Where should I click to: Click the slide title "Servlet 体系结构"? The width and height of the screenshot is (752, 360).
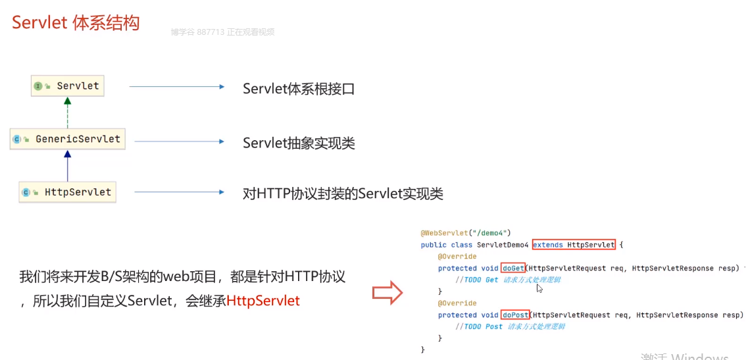[76, 23]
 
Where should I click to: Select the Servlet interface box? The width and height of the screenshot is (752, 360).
[68, 86]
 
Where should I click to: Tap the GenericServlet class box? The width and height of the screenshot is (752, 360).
[70, 139]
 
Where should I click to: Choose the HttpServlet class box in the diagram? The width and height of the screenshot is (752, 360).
[68, 192]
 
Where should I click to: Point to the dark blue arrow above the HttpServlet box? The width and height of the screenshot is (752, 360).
[66, 165]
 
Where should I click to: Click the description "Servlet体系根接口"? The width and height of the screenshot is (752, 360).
[298, 88]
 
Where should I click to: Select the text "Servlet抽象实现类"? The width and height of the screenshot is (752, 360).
[298, 143]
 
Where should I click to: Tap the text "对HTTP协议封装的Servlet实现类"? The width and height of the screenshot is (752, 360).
[342, 193]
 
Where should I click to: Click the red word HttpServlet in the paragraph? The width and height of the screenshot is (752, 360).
[263, 301]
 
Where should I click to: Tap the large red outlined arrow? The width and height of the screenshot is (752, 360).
[388, 292]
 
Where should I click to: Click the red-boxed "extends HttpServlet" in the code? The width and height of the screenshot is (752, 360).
[573, 245]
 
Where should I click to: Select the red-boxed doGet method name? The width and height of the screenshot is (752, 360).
[513, 269]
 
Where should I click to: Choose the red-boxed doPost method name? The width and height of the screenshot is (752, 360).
[515, 315]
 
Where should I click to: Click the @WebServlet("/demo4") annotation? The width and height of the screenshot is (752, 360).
[465, 233]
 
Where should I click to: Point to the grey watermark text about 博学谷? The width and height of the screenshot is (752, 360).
[222, 32]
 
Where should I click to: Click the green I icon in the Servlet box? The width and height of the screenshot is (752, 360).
[38, 86]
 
